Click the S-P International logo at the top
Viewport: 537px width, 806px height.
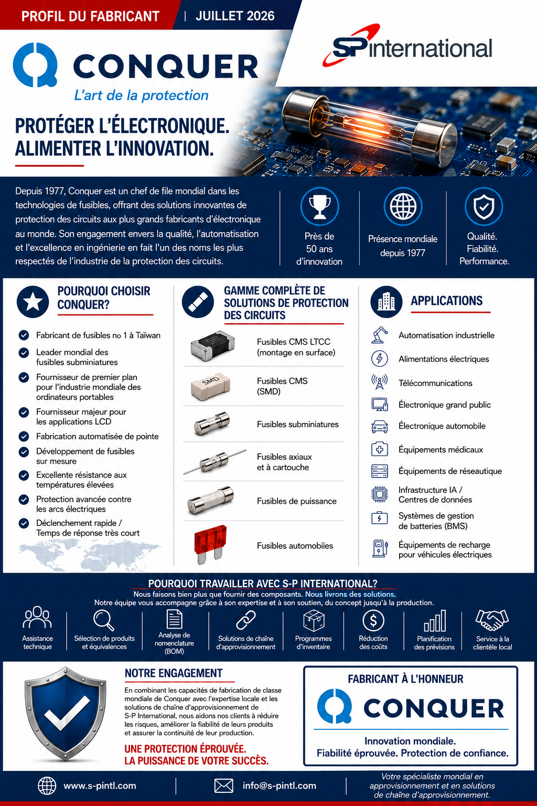click(407, 46)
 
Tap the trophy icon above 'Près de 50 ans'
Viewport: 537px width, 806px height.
click(319, 207)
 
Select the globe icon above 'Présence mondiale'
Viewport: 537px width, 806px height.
click(403, 207)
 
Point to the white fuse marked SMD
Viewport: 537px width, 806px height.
click(210, 386)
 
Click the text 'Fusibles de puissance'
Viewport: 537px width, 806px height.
click(297, 501)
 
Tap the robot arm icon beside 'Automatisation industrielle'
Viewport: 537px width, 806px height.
click(380, 335)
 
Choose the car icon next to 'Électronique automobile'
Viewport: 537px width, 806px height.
click(380, 427)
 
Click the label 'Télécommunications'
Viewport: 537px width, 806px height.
click(435, 383)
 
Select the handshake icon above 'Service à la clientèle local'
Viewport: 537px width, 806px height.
click(492, 620)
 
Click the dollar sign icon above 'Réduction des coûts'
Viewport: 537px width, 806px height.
click(373, 620)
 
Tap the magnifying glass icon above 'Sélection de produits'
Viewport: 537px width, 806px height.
click(104, 620)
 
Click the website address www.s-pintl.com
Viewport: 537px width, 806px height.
click(100, 786)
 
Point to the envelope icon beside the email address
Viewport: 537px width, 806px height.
click(223, 786)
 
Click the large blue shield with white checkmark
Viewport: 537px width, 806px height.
click(65, 714)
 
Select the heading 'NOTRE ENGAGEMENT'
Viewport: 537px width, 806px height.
click(174, 673)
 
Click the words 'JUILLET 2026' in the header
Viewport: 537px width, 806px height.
click(235, 16)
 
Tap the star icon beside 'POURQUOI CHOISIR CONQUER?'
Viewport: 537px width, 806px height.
click(33, 302)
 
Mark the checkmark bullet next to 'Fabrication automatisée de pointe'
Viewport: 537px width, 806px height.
click(24, 437)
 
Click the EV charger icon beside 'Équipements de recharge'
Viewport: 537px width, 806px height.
click(380, 549)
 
